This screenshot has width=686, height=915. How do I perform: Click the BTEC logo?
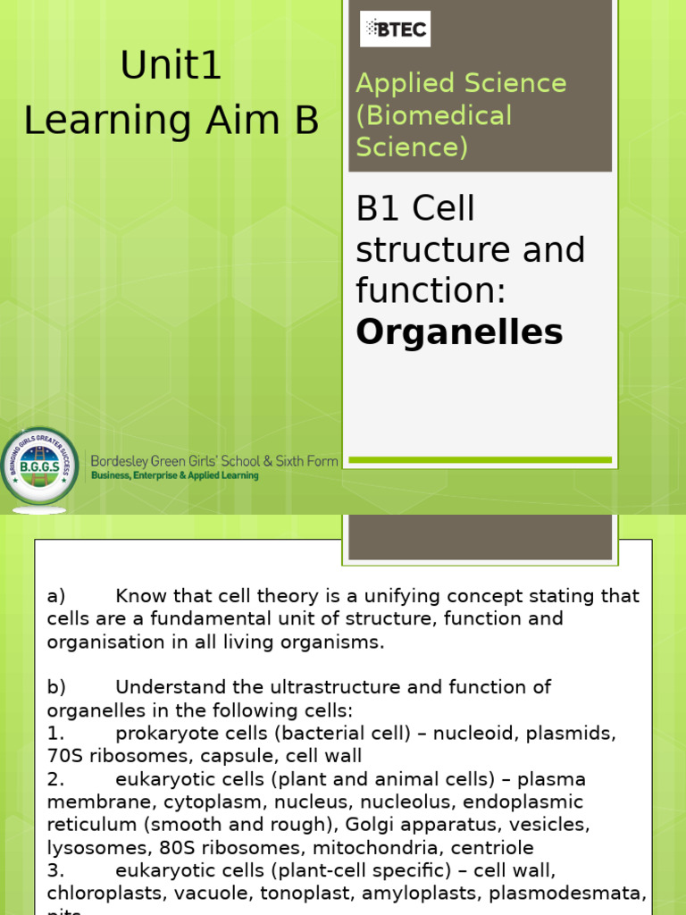pyautogui.click(x=395, y=29)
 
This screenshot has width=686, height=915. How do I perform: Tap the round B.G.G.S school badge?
pyautogui.click(x=38, y=466)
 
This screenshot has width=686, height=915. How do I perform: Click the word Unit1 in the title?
pyautogui.click(x=171, y=67)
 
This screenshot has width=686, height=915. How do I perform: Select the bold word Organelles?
pyautogui.click(x=459, y=332)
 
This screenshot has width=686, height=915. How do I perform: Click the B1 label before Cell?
pyautogui.click(x=379, y=209)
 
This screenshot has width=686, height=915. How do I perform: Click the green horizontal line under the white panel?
pyautogui.click(x=480, y=460)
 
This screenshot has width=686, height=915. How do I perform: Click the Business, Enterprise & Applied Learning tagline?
pyautogui.click(x=174, y=476)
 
